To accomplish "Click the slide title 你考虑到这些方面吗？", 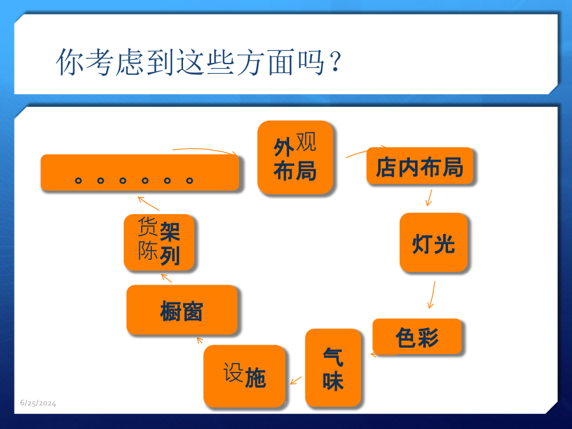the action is (x=199, y=62).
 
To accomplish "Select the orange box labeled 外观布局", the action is (x=295, y=157).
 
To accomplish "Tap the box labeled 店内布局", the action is (x=419, y=166).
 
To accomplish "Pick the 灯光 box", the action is (x=433, y=243).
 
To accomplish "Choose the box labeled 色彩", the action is (x=417, y=336).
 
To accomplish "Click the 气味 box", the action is (x=333, y=368).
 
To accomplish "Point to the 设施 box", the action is (x=245, y=376).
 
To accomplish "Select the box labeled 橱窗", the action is (x=182, y=310).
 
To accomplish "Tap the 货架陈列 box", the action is (x=159, y=243).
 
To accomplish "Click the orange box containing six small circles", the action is (x=140, y=172).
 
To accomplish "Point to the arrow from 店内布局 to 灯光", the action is (x=430, y=198).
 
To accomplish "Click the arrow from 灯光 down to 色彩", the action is (x=432, y=295).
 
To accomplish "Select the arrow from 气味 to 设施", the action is (x=296, y=381).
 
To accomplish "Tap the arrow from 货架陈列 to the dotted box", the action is (x=149, y=203).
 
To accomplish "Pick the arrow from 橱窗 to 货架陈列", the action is (x=167, y=278).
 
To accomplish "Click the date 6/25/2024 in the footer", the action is (x=38, y=403).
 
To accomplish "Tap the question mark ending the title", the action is (x=336, y=61).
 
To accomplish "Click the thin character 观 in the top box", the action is (x=306, y=142).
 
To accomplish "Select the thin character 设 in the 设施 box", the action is (x=233, y=372).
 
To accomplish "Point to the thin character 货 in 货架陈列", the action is (x=147, y=226).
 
